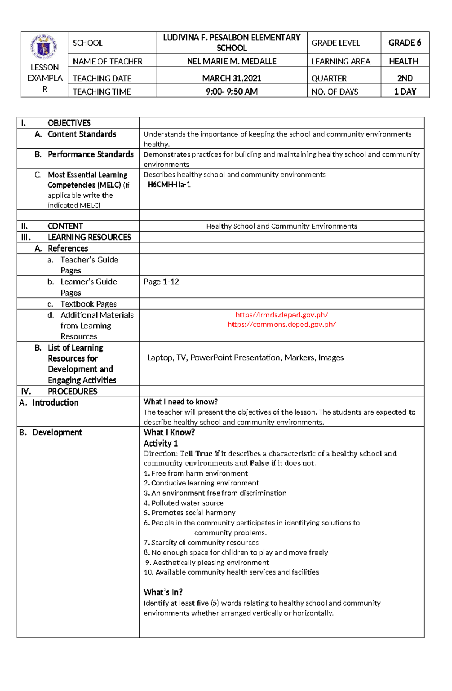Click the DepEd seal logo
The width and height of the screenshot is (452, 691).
[44, 47]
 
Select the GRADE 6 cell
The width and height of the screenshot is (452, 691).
[405, 43]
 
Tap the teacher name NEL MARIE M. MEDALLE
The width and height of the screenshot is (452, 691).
[232, 61]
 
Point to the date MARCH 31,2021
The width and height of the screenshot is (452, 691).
[232, 78]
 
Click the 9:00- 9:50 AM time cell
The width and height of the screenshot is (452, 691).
[232, 92]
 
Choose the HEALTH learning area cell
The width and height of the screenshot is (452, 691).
[403, 61]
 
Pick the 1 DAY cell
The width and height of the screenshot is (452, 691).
[405, 92]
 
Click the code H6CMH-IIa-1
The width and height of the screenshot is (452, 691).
[169, 185]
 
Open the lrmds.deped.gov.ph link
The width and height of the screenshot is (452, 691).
[281, 315]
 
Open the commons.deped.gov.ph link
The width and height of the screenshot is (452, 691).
[281, 325]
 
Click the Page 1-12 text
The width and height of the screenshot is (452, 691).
[161, 282]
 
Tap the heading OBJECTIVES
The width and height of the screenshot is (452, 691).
[69, 123]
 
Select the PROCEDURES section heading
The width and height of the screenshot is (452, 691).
[72, 391]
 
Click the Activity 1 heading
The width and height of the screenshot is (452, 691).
[160, 443]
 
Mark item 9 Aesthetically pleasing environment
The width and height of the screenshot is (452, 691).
[207, 563]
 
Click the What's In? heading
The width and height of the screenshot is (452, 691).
[163, 592]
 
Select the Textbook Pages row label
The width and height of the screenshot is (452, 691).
[89, 304]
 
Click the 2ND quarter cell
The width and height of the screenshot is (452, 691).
[405, 78]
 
